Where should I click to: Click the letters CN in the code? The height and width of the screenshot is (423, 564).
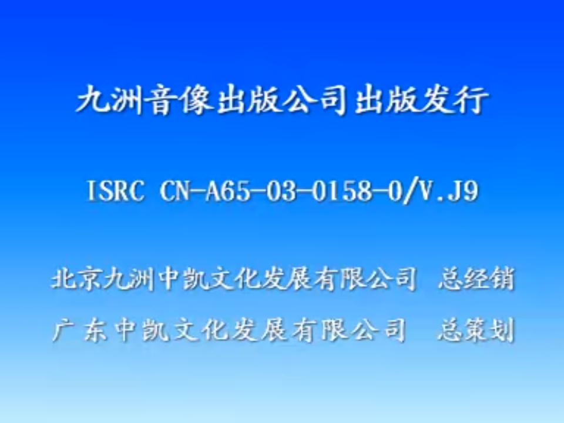point(172,192)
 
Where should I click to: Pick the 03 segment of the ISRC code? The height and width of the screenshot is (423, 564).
point(276,192)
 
